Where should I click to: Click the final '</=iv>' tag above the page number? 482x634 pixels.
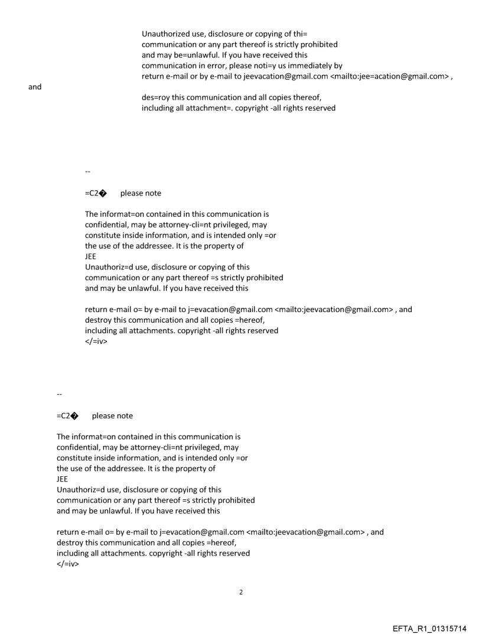click(67, 564)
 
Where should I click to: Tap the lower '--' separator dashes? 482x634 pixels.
click(59, 394)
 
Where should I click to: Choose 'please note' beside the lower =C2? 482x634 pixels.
click(112, 416)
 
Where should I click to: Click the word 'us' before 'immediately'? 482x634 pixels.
click(282, 66)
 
